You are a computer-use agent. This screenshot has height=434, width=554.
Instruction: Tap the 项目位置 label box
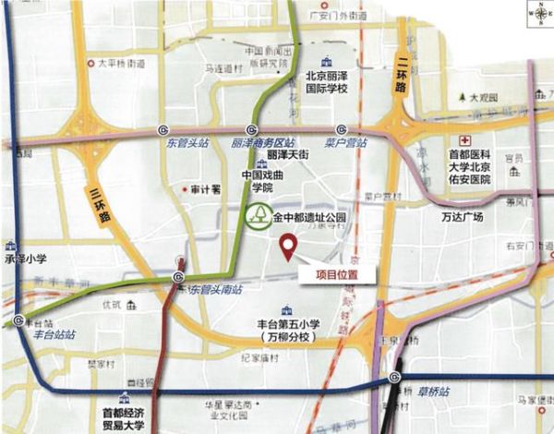tap(336, 273)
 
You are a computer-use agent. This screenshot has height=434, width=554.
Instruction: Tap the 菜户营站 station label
tap(345, 144)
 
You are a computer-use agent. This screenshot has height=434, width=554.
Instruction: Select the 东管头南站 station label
tap(216, 290)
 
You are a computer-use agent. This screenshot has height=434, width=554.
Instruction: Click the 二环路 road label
tap(400, 73)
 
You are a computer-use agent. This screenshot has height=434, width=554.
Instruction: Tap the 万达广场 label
tap(463, 217)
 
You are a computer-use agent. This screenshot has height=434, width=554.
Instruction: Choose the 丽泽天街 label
tap(287, 158)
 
